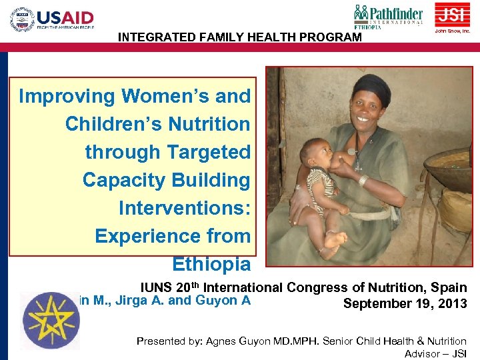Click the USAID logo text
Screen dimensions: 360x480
pyautogui.click(x=65, y=17)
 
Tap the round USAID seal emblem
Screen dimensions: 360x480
pyautogui.click(x=22, y=19)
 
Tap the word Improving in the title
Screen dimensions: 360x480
pyautogui.click(x=67, y=96)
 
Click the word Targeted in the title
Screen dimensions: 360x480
pyautogui.click(x=209, y=152)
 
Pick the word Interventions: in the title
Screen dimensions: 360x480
pyautogui.click(x=184, y=208)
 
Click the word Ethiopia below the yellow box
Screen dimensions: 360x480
pyautogui.click(x=211, y=264)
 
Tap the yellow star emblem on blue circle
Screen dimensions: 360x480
pyautogui.click(x=50, y=320)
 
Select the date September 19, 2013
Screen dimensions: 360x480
pyautogui.click(x=405, y=304)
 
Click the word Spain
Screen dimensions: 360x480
pyautogui.click(x=449, y=288)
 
